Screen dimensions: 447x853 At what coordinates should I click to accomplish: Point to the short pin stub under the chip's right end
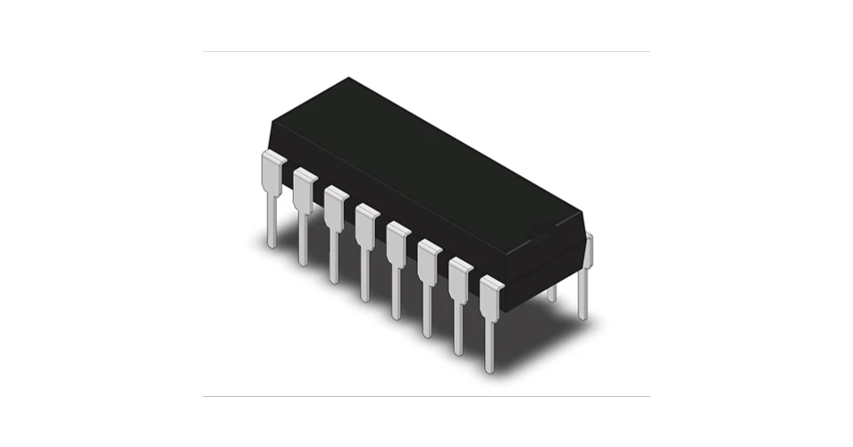click(551, 292)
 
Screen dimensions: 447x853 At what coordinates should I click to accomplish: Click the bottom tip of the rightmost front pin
click(489, 368)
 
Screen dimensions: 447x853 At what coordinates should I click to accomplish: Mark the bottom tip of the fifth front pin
click(397, 315)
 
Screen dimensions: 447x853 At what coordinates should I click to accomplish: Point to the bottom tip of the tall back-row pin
click(582, 315)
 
